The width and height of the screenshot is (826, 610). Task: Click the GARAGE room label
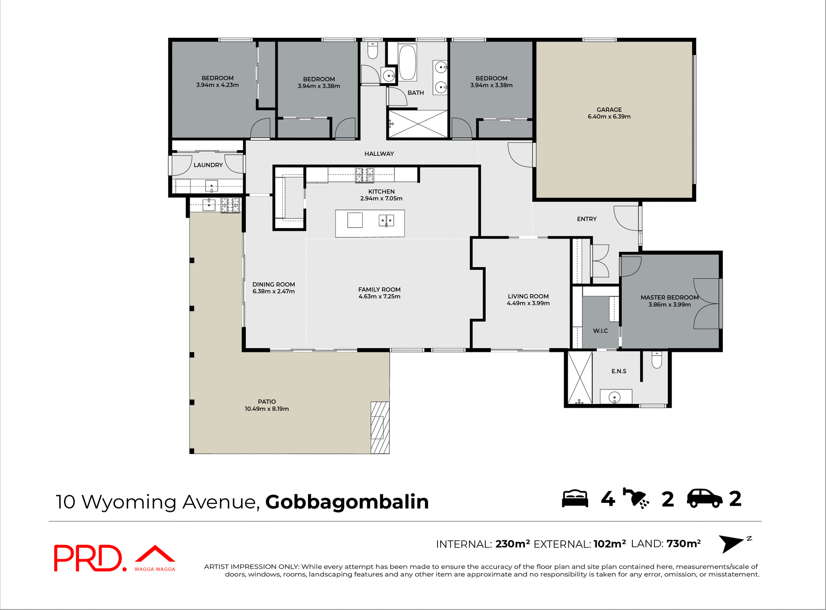pos(609,110)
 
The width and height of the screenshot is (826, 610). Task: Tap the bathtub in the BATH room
pos(407,63)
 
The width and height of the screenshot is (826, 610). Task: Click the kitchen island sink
pos(386,221)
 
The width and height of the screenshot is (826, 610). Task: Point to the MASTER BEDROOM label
pos(669,297)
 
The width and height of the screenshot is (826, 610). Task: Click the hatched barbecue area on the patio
pos(380,427)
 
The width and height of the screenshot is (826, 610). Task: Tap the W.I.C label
pos(600,330)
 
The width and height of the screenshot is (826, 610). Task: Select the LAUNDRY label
pos(208,165)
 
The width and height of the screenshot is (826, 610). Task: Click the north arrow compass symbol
pos(731,543)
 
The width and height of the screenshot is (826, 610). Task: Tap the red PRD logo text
pos(88,558)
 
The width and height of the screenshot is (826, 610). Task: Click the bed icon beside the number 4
pos(575,499)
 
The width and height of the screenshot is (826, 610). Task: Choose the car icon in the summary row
pos(704,499)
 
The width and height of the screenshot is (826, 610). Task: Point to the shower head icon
pos(636,499)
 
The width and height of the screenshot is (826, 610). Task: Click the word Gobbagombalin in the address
pos(347,502)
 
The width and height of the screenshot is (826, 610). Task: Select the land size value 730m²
pos(684,544)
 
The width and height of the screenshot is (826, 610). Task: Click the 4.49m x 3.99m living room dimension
pos(528,303)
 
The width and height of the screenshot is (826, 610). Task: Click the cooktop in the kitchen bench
pos(364,175)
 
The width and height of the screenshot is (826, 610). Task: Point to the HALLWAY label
pos(379,154)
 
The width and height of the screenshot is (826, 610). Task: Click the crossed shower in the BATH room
pos(418,124)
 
